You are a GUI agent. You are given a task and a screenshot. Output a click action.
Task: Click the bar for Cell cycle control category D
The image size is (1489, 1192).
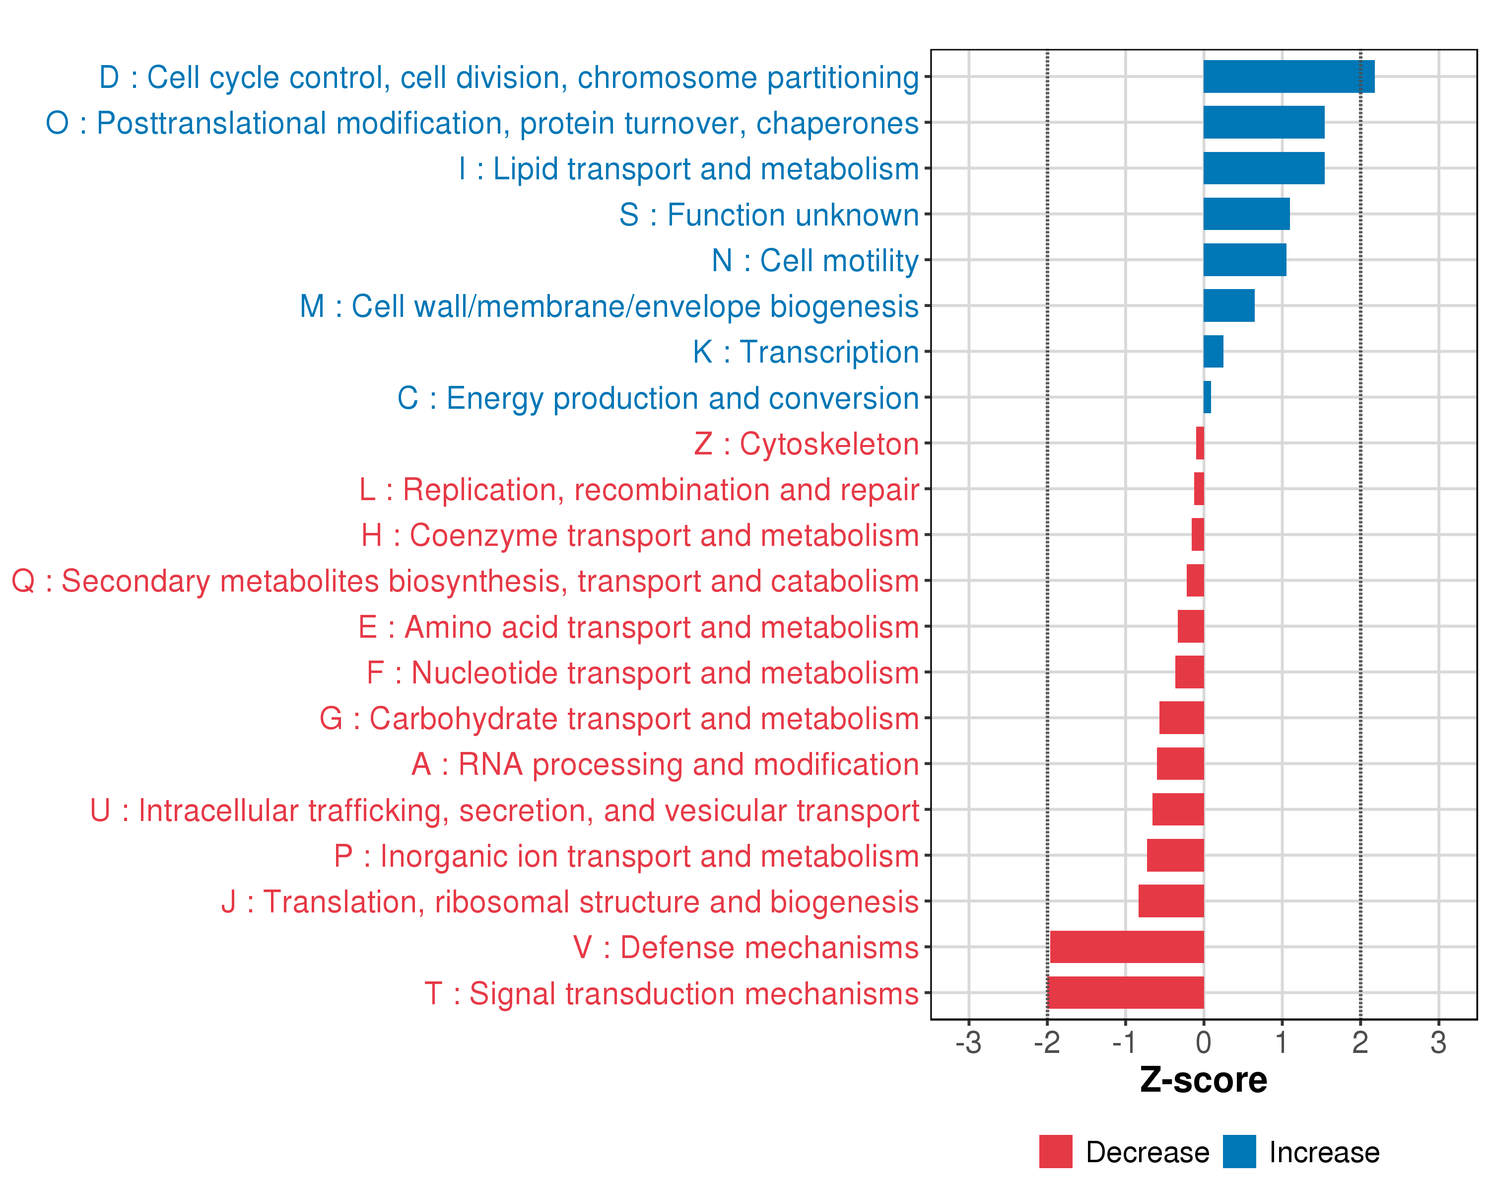coord(1288,76)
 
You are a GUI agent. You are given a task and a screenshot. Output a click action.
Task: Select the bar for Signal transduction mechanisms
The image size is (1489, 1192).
coord(1125,992)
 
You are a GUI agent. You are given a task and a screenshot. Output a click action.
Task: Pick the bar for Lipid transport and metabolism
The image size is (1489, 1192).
coord(1263,168)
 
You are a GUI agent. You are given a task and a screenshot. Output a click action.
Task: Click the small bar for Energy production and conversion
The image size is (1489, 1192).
coord(1207,397)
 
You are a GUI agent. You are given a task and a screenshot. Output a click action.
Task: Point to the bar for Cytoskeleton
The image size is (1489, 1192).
coord(1200,443)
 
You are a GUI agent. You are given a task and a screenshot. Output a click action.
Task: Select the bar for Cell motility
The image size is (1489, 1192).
coord(1244,260)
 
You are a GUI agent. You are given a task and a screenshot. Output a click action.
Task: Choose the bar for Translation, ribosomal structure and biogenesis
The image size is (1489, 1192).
coord(1171,901)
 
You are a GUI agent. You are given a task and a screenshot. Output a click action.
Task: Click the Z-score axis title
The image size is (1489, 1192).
coord(1203,1080)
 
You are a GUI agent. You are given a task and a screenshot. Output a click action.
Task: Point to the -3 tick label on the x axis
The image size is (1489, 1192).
coord(968,1043)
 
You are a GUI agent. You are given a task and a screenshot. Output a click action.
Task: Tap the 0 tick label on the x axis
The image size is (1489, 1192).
coord(1203,1043)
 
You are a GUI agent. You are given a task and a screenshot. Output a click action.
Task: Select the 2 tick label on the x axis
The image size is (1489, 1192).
coord(1360,1043)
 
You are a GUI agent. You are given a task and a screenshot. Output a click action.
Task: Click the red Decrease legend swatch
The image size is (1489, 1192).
coord(1055,1152)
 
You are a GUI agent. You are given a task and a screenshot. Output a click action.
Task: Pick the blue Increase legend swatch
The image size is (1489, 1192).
coord(1239,1152)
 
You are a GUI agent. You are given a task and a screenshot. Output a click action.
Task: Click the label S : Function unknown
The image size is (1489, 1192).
coord(769,215)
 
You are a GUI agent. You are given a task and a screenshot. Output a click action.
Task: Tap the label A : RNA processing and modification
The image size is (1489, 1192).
coord(665,765)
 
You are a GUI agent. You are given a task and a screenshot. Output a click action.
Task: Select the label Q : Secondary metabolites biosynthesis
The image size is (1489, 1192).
coord(465,582)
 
